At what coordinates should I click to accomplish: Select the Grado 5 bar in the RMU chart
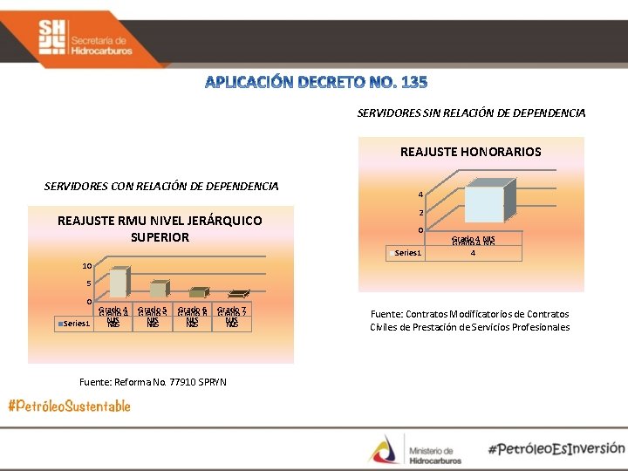tap(157, 290)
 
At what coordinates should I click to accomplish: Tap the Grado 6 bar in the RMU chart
tap(197, 293)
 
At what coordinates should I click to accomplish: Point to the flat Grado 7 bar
tap(237, 295)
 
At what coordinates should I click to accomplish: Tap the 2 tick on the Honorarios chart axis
tap(420, 213)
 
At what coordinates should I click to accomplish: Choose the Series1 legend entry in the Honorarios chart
tap(406, 253)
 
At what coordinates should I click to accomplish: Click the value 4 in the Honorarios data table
tap(473, 254)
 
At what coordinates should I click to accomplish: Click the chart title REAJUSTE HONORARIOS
tap(470, 152)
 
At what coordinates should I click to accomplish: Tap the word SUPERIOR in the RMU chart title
tap(159, 236)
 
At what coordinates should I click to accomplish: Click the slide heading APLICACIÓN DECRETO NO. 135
tap(316, 82)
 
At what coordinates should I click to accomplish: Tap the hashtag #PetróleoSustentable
tap(70, 406)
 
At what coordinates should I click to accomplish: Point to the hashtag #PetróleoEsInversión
tap(556, 448)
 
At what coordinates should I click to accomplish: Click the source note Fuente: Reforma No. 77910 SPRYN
tap(153, 381)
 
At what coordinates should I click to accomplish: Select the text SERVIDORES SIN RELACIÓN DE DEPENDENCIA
tap(471, 113)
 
